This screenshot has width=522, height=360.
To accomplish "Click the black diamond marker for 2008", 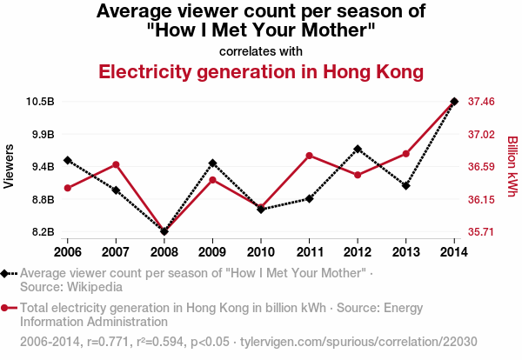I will click(x=164, y=231).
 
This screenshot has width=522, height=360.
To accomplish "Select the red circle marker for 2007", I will click(x=116, y=164).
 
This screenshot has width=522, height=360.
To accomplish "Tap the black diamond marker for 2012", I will click(x=358, y=149).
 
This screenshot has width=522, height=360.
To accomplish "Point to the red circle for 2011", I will click(x=309, y=156).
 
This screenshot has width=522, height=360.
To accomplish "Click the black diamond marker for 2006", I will click(x=67, y=160).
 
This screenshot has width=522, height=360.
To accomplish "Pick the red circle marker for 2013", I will click(x=405, y=154).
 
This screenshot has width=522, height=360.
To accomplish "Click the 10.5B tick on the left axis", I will click(x=41, y=102).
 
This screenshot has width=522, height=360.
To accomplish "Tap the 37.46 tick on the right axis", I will click(x=481, y=102).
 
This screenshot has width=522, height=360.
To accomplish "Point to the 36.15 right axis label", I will click(x=481, y=200).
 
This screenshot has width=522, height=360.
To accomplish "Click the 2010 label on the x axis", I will click(x=260, y=251).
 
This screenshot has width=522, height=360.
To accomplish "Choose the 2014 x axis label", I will click(x=454, y=251).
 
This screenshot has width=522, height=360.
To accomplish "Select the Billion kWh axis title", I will click(x=512, y=166).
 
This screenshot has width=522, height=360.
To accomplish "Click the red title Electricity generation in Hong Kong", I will click(x=261, y=70).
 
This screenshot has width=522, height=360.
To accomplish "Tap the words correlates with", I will click(x=261, y=50).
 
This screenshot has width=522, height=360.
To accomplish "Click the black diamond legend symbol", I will click(x=6, y=273).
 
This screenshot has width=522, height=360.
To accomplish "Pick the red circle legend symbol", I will click(x=6, y=307).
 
